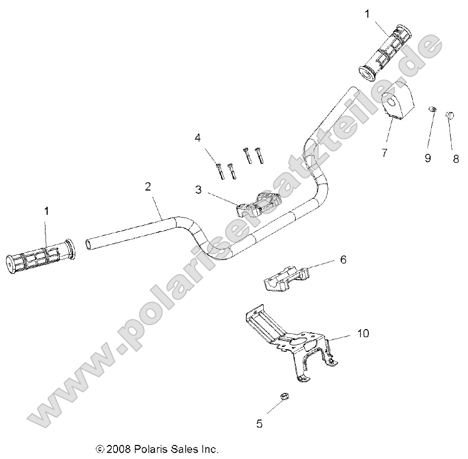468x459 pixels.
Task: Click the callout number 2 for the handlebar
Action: pyautogui.click(x=148, y=187)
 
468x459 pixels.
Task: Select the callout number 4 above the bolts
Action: pyautogui.click(x=198, y=138)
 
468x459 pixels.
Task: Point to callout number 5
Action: pyautogui.click(x=259, y=424)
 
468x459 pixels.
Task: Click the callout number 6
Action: pyautogui.click(x=343, y=260)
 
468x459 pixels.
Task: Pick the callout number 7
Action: pyautogui.click(x=384, y=153)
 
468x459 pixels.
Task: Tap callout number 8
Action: pyautogui.click(x=456, y=158)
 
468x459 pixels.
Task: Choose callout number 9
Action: pyautogui.click(x=427, y=158)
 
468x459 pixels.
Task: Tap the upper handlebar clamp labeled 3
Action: pyautogui.click(x=259, y=205)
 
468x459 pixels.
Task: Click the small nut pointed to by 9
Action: pyautogui.click(x=432, y=110)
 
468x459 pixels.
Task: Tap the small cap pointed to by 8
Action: pyautogui.click(x=450, y=114)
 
